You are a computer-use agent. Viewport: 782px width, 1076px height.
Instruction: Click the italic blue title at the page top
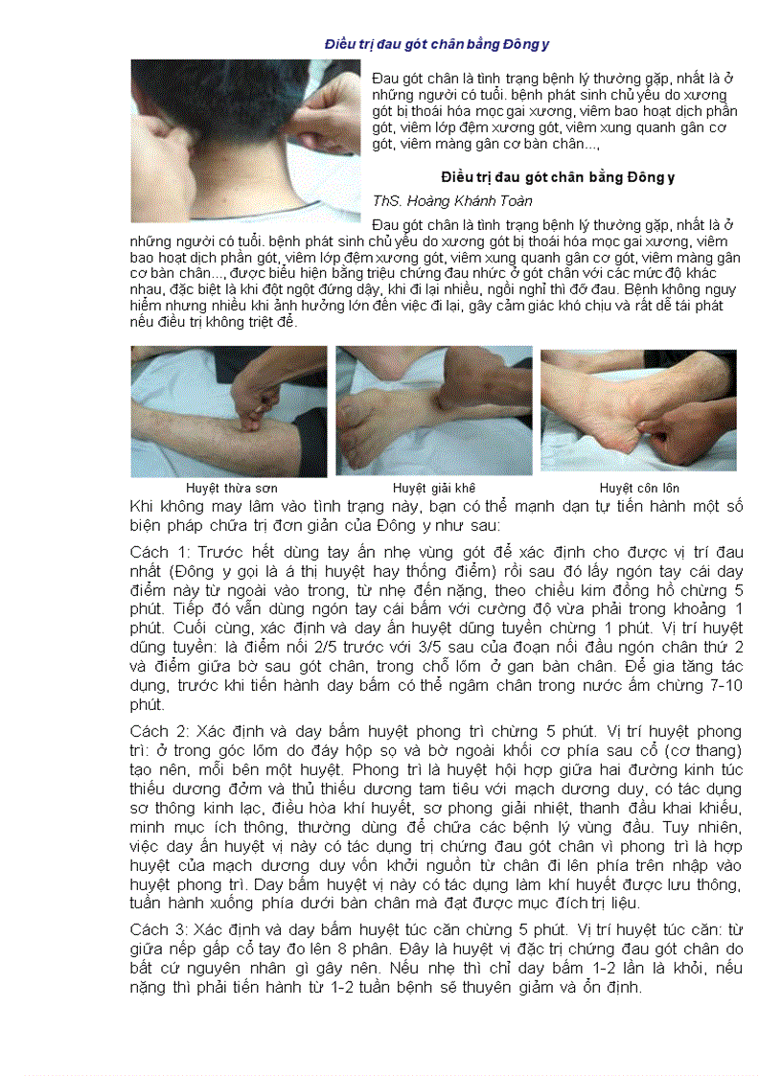coord(436,44)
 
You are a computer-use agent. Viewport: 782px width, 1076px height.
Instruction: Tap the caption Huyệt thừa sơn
coord(232,488)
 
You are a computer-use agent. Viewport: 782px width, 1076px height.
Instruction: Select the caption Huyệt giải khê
coord(434,488)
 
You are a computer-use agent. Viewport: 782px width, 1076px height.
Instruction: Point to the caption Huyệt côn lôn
coord(638,488)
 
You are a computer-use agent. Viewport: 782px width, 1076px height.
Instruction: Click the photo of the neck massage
coord(246,140)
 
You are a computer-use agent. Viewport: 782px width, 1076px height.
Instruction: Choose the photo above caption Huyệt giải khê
coord(434,411)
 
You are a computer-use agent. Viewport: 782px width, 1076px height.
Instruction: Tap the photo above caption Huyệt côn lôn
coord(638,411)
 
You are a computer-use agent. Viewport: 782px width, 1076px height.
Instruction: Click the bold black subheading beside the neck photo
coord(544,178)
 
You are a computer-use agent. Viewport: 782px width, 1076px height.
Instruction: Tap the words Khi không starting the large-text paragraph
coord(158,506)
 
